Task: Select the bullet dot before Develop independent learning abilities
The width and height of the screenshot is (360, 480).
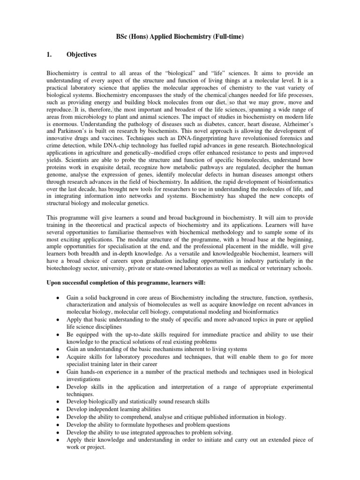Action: (57, 409)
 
